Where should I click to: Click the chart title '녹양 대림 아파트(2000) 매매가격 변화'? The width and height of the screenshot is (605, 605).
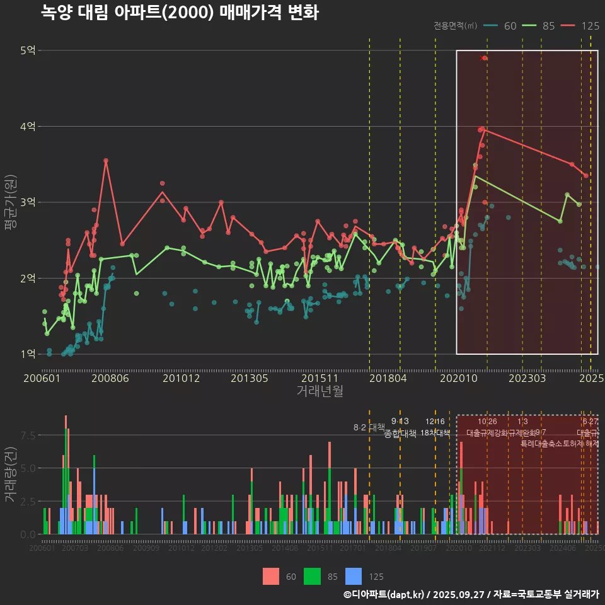tap(180, 12)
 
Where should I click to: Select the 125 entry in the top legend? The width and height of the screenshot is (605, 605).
tap(590, 26)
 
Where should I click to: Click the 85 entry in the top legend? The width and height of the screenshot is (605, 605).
tap(548, 26)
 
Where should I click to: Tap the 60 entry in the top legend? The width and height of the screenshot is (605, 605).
tap(510, 26)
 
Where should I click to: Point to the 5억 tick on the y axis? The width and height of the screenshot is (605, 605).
tap(28, 50)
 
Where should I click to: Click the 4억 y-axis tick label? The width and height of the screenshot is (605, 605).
tap(28, 127)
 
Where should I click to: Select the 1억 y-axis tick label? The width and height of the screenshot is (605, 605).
tap(28, 354)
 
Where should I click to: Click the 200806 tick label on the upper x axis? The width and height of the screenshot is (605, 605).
tap(111, 378)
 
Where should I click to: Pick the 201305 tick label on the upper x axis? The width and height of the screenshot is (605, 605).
tap(250, 378)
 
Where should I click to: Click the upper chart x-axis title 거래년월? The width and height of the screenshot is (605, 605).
tap(320, 391)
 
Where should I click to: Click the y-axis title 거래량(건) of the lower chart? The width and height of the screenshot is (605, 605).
tap(10, 475)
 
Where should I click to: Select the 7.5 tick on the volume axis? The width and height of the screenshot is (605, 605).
tap(28, 435)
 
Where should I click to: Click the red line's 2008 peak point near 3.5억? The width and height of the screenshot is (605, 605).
tap(106, 161)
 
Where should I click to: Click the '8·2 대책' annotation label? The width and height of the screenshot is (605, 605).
tap(369, 427)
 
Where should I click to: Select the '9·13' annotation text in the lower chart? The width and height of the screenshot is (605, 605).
tap(400, 421)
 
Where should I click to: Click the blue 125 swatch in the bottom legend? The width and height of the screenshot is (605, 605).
tap(355, 576)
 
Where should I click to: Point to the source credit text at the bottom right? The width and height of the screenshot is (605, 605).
tap(471, 594)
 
